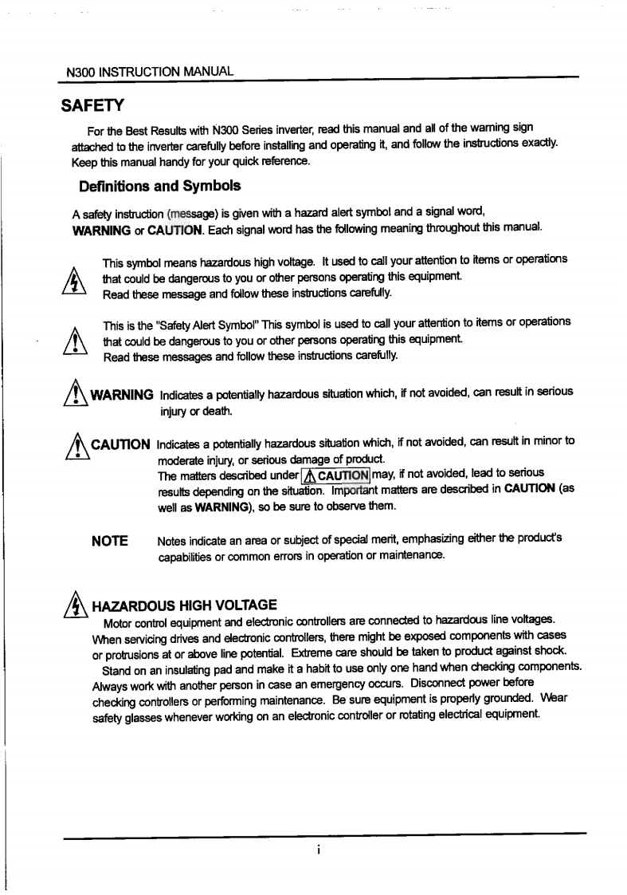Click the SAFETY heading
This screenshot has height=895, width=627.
91,105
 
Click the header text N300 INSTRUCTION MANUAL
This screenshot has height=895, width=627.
150,71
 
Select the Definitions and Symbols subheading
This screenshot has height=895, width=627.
159,186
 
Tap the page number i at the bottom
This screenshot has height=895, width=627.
317,850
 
